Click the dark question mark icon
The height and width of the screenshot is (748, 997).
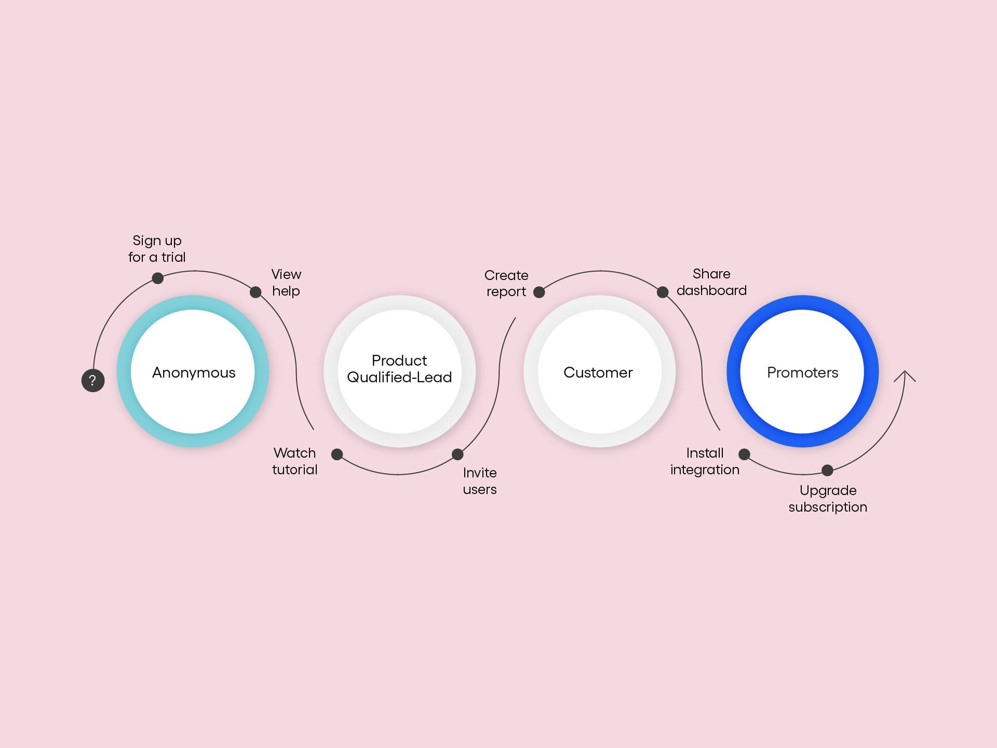pos(93,380)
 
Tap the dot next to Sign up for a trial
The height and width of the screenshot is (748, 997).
pos(158,278)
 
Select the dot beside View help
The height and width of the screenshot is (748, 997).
pos(255,292)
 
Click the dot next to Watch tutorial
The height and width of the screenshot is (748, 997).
pos(337,455)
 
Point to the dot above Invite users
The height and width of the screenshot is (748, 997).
pos(457,455)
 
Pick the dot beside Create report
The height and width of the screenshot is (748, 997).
pos(540,292)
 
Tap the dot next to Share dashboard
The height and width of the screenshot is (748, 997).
pos(663,292)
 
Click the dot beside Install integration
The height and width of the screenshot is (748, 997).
pos(744,455)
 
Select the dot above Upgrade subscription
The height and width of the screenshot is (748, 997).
pos(827,471)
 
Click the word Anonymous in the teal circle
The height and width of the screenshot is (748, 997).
pos(194,372)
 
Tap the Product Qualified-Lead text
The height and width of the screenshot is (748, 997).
pos(399,369)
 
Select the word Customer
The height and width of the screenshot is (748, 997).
pos(598,372)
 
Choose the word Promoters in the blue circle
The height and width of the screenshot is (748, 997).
pos(803,372)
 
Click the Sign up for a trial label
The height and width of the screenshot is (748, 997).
pos(157,249)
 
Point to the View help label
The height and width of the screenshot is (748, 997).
pos(286,283)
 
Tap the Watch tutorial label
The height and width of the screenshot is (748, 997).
pos(294,461)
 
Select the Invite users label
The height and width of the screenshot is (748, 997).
pos(480,481)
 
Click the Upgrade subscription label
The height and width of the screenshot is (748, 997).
pos(828,499)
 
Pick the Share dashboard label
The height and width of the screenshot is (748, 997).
pos(711,282)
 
